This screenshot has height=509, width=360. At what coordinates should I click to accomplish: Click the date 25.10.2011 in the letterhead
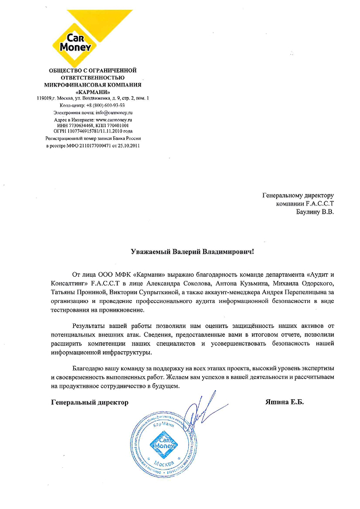[127, 145]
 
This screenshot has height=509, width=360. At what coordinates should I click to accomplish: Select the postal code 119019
[45, 98]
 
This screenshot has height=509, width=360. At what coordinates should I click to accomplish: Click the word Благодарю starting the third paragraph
[91, 369]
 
